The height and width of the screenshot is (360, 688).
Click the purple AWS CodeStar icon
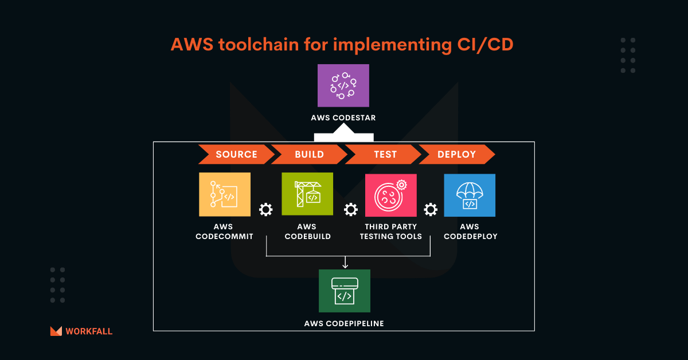pos(343,85)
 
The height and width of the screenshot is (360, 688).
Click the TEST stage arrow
pos(384,154)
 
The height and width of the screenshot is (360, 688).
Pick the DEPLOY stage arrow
pos(456,154)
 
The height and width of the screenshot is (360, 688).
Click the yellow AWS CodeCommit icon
pos(225,194)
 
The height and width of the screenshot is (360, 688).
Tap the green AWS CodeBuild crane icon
pos(307,194)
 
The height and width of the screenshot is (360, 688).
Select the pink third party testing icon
pos(390,195)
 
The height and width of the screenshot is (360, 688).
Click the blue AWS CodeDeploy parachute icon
pos(470,195)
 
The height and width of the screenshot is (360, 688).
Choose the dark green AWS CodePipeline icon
pos(344,291)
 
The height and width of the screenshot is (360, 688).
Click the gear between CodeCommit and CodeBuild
pos(265,210)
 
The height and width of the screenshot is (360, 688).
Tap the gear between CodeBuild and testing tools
pos(350,210)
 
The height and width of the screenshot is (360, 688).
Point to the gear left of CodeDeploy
pos(430,210)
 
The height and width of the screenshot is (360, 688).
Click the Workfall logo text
pos(89,331)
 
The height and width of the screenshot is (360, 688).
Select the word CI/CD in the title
pos(484,45)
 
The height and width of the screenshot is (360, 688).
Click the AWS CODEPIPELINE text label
pos(344,323)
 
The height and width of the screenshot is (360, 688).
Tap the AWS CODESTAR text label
pos(343,118)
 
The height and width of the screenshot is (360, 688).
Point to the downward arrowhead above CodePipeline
pos(345,265)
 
